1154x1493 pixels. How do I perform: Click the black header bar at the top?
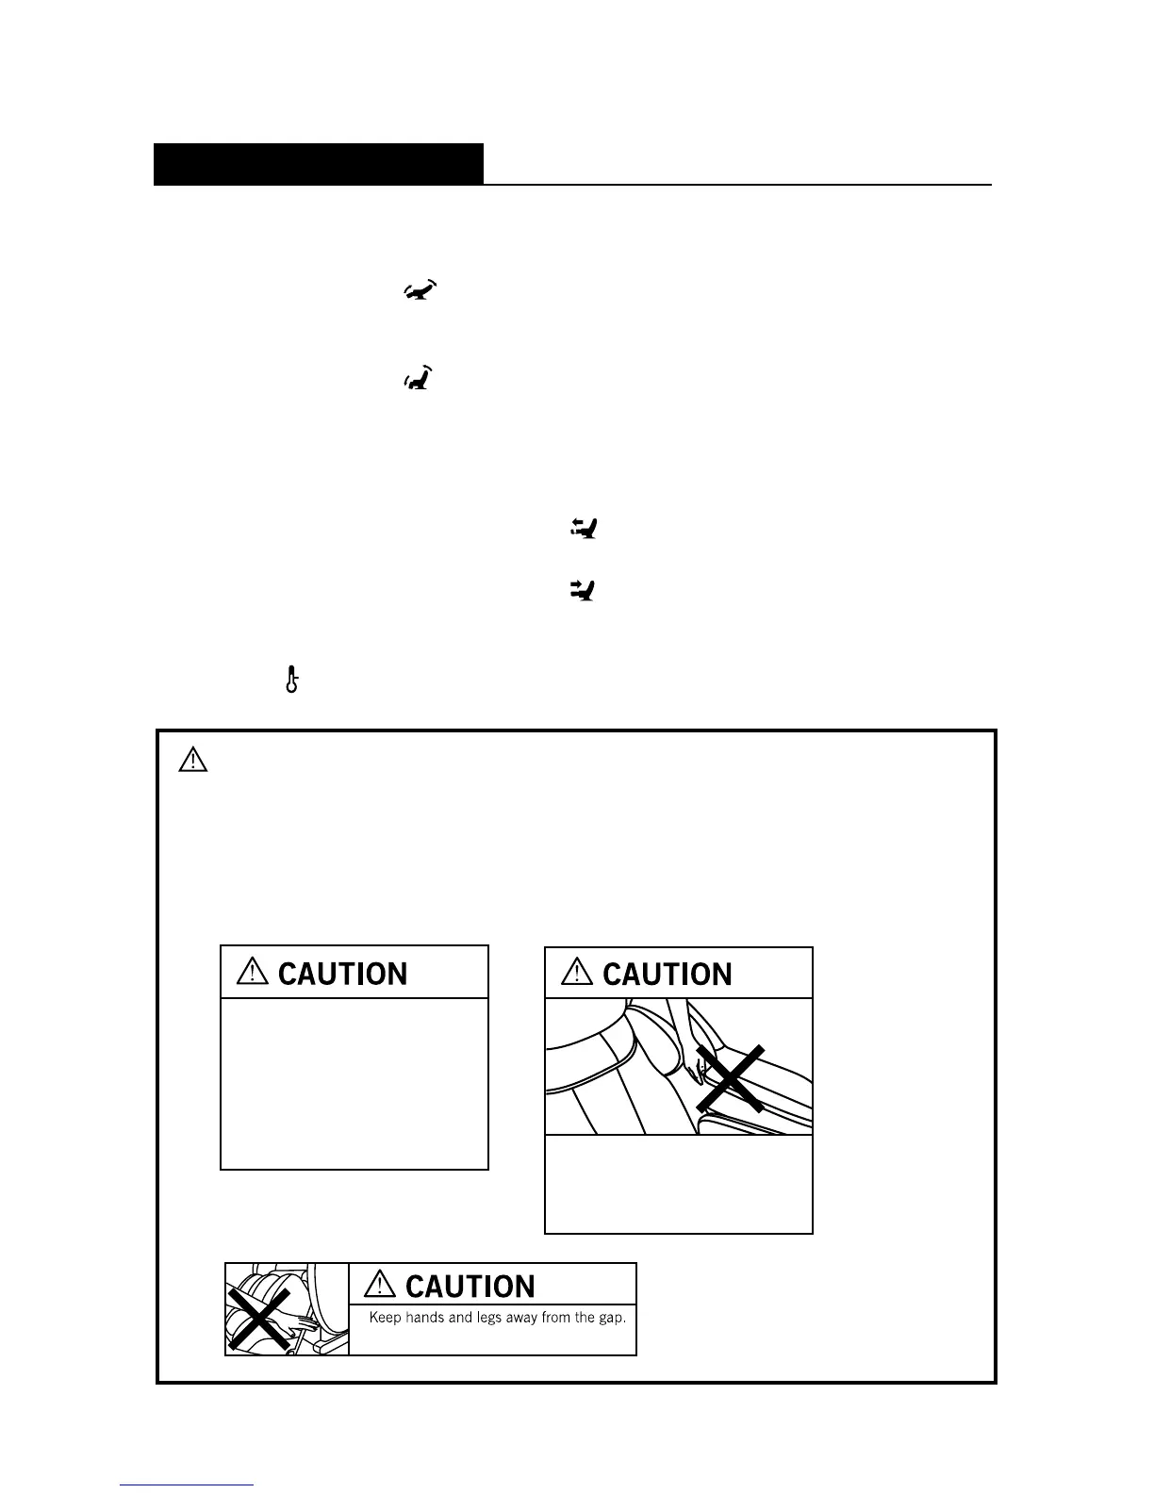coord(319,164)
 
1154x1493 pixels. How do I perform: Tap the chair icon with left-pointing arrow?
coord(585,530)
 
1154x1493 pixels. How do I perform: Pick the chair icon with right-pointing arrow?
coord(585,591)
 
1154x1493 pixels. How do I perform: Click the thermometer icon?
coord(292,679)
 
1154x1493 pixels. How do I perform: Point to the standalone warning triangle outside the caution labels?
coord(192,759)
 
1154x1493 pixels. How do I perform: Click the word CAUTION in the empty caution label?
coord(342,974)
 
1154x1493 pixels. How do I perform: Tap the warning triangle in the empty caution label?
coord(254,972)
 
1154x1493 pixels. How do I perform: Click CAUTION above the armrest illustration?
coord(667,974)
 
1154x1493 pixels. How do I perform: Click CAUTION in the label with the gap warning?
coord(470,1287)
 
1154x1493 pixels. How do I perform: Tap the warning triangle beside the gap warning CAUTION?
coord(381,1285)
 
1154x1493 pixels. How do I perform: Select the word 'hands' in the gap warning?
coord(425,1318)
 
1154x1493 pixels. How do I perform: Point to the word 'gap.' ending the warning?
coord(611,1318)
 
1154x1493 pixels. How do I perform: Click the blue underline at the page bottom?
coord(187,1485)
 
